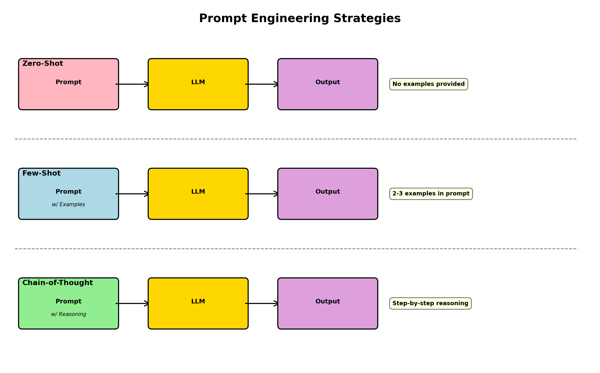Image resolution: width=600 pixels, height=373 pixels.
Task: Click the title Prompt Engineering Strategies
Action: [x=300, y=19]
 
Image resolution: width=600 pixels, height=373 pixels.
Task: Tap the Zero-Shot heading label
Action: [x=43, y=64]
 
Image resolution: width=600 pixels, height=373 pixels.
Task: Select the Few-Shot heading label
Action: [x=41, y=173]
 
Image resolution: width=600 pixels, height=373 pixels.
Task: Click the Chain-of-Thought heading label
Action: [x=58, y=283]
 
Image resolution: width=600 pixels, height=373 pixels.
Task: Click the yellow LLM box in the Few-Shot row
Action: [x=198, y=203]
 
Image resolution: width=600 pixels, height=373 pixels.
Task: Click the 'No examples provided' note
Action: [x=428, y=84]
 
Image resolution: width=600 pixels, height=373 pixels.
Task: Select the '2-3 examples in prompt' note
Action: [x=431, y=194]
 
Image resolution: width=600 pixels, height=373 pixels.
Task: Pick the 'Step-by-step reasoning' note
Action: [x=430, y=303]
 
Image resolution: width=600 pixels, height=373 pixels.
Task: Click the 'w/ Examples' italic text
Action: [x=68, y=204]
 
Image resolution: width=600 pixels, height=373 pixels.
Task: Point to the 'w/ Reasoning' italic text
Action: [x=68, y=314]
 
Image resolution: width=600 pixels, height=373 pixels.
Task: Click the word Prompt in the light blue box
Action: [x=68, y=192]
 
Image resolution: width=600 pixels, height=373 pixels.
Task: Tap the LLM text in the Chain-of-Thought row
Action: [x=198, y=301]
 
